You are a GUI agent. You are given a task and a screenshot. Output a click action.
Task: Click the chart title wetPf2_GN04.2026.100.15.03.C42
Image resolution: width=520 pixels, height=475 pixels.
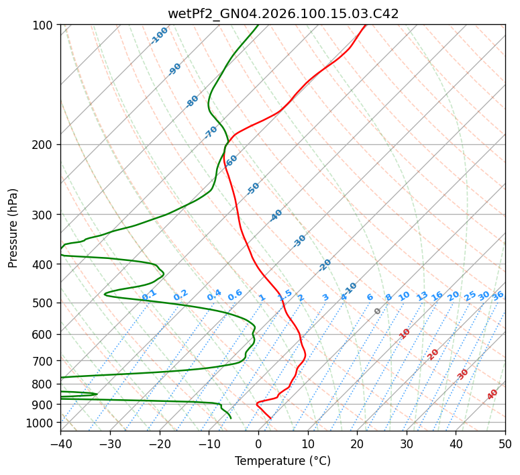282,14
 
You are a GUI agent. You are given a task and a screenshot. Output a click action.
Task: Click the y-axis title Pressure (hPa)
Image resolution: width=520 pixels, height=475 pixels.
13,228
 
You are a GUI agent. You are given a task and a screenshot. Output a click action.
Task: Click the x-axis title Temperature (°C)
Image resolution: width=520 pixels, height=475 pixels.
282,462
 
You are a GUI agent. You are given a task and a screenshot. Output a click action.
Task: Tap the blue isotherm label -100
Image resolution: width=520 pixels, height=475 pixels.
159,36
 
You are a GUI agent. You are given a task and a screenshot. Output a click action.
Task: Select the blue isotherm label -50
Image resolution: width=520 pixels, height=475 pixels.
253,189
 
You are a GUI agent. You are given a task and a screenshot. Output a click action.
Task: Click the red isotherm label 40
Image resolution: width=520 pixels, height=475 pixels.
492,394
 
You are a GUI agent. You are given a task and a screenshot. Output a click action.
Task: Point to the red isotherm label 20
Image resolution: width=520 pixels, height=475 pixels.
433,354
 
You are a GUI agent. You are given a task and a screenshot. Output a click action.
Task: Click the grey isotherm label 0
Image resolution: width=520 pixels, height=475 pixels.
378,311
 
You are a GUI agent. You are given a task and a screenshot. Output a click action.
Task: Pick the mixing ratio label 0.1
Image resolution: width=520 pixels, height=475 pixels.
149,295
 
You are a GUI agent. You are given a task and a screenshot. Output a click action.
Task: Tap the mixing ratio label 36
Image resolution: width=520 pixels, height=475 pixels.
498,295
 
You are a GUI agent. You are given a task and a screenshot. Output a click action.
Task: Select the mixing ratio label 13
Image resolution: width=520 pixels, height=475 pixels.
422,296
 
